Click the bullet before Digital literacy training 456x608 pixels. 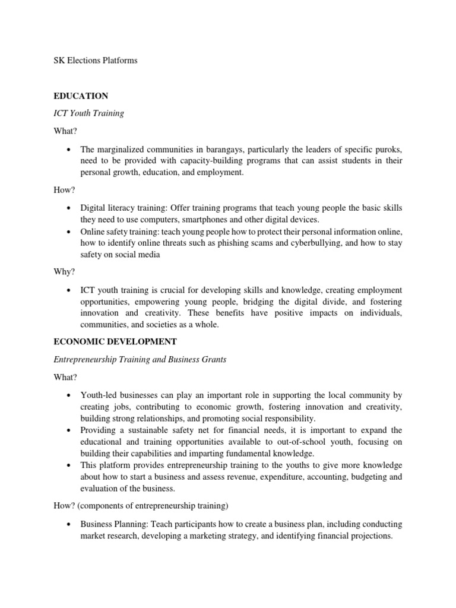pyautogui.click(x=69, y=208)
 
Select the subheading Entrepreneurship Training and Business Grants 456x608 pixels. pyautogui.click(x=140, y=360)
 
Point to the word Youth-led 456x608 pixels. pyautogui.click(x=99, y=395)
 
